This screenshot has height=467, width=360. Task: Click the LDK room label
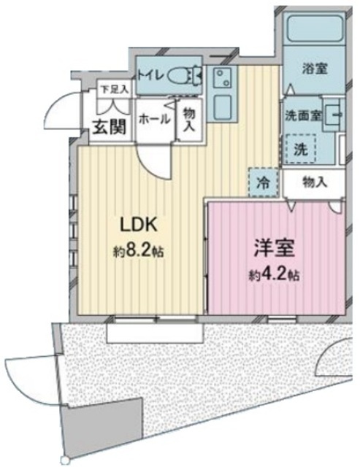pos(138,225)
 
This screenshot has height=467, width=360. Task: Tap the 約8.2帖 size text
pos(139,252)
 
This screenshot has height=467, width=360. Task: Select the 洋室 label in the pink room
pos(274,248)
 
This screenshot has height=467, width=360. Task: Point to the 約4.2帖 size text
pos(274,275)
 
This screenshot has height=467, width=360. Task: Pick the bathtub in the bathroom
pos(316,29)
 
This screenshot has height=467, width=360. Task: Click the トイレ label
pos(151,76)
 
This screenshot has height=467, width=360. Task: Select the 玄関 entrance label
pos(109,128)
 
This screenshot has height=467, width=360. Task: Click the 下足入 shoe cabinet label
pos(115,89)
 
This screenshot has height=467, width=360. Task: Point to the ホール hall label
pos(154,120)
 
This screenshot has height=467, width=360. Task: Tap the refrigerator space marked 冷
pos(264,183)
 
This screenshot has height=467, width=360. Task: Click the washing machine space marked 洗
pos(301,149)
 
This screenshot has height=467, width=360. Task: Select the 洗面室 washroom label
pos(303,115)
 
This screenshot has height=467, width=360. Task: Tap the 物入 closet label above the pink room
pos(315,182)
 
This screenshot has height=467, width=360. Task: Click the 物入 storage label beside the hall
pos(189,120)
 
